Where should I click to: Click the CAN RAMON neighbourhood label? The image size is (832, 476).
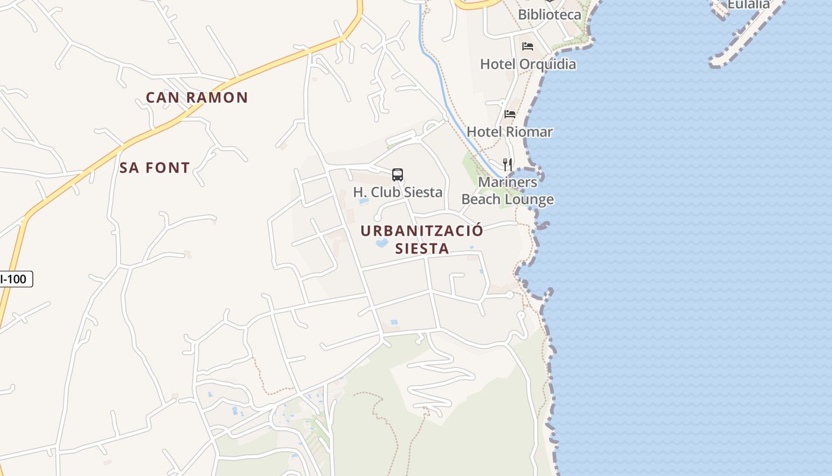coord(197,98)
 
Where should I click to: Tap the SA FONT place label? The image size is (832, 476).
coord(155,168)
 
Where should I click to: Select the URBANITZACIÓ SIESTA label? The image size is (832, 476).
coord(422,239)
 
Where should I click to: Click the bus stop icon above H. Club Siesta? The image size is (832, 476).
coord(398,175)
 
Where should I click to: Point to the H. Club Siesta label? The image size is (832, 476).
coord(398,192)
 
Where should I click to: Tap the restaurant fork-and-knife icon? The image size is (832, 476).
coord(508,165)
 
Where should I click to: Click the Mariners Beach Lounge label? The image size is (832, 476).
coord(508,190)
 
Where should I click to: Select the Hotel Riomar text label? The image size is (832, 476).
coord(510,131)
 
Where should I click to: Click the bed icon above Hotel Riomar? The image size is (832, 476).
coord(510,114)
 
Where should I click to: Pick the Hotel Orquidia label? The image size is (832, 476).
coord(528,64)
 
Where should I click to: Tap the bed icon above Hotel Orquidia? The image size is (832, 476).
coord(528,46)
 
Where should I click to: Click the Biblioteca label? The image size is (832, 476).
coord(550,14)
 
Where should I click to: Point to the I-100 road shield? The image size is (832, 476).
coord(14,278)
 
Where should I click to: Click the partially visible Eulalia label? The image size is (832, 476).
coord(748,4)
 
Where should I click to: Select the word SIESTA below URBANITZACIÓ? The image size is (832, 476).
coord(422,249)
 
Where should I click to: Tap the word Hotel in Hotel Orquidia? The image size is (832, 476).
coord(498,64)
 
